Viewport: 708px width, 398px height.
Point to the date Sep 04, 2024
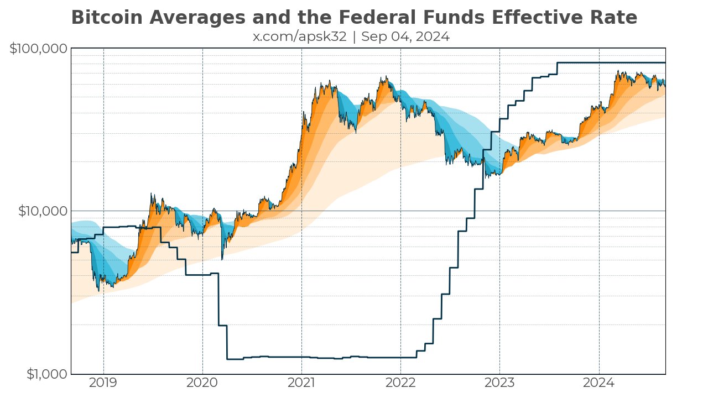405,37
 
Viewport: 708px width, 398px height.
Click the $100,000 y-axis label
39,49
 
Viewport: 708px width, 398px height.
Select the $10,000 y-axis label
41,211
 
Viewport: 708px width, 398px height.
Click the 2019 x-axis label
103,383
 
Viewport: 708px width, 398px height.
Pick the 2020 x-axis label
202,383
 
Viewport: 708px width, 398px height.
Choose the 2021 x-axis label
301,383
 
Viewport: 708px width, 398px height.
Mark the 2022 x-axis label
400,383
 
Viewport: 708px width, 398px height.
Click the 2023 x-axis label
499,383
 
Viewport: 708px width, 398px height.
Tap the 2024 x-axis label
599,383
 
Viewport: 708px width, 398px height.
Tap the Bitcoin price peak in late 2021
386,77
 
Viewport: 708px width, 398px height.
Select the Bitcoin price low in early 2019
99,290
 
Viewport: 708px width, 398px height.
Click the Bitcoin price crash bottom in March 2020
222,259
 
